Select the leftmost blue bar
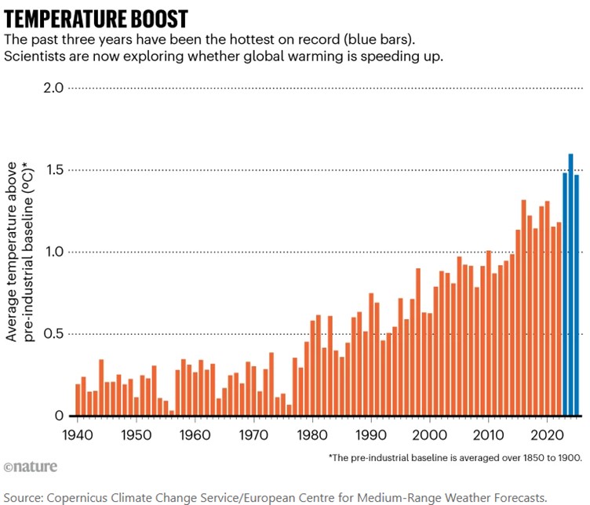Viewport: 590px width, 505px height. point(565,294)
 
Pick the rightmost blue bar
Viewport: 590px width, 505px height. point(577,295)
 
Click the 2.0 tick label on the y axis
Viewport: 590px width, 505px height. point(53,88)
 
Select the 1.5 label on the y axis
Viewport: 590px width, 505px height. point(53,170)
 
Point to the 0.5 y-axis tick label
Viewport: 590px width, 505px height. point(53,334)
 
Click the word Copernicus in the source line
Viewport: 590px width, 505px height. point(87,496)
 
